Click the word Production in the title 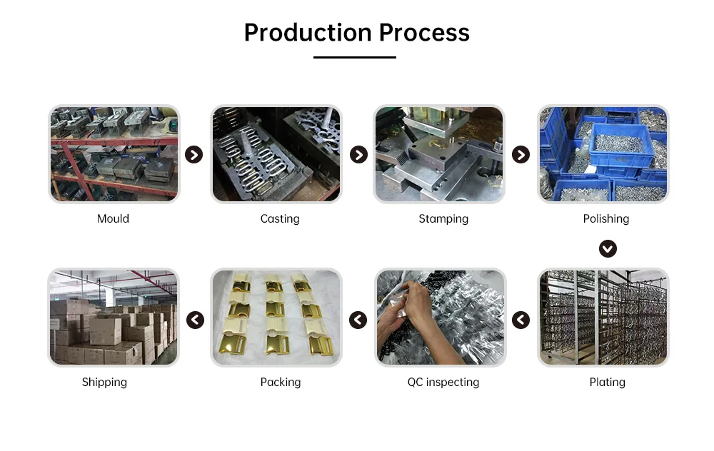pos(308,33)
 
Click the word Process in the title pos(424,33)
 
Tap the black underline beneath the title pos(355,57)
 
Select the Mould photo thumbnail pos(114,154)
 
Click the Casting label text pos(280,219)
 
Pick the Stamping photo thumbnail pos(439,154)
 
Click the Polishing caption pos(605,219)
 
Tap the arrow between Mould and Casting pos(194,155)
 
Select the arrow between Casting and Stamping pos(358,155)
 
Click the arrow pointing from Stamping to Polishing pos(521,155)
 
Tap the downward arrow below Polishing pos(608,248)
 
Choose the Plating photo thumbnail pos(603,318)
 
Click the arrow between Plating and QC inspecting pos(521,320)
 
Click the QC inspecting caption pos(443,382)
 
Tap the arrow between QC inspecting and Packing pos(358,320)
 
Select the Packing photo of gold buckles pos(276,318)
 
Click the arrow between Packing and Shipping pos(195,320)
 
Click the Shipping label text pos(104,382)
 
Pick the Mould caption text pos(113,219)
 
